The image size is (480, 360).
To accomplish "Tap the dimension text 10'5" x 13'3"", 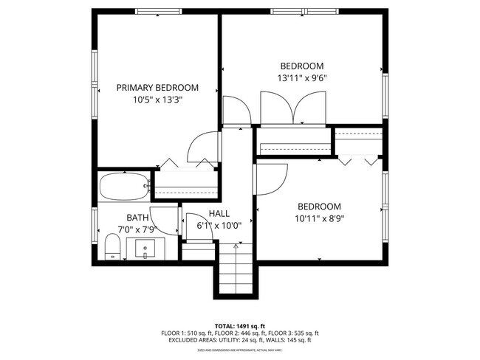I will (x=157, y=100).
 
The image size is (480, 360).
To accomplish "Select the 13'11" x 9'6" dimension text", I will (x=301, y=77).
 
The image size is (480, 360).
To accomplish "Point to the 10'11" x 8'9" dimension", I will (x=320, y=218).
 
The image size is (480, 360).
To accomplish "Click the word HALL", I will (x=219, y=214).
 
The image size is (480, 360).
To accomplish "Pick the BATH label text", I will (x=137, y=218).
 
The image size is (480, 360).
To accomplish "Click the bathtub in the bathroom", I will (x=123, y=187).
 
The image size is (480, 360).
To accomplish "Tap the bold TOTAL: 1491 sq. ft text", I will (x=239, y=325).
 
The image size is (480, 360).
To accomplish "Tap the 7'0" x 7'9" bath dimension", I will (x=137, y=229).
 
